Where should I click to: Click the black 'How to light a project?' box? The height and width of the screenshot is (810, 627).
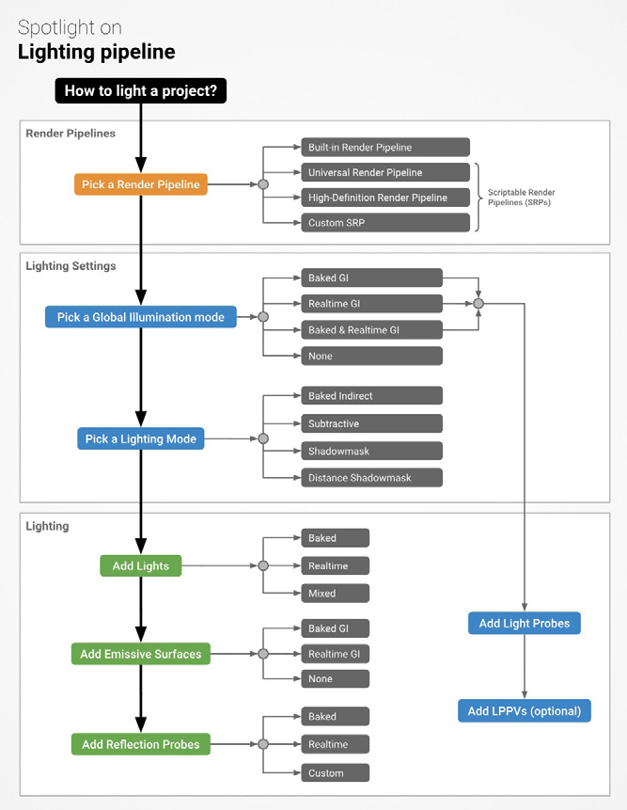pos(140,90)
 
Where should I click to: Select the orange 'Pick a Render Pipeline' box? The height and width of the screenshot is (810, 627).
pos(141,184)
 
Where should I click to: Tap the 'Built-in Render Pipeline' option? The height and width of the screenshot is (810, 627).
pos(385,147)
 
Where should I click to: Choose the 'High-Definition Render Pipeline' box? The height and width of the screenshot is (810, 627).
pos(385,198)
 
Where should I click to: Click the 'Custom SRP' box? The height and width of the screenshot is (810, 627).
pos(385,223)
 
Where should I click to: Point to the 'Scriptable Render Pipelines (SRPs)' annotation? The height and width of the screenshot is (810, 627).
pos(521,198)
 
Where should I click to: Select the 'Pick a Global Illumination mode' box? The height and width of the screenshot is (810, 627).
pos(141,317)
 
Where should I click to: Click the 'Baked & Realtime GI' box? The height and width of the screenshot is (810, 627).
pos(372,329)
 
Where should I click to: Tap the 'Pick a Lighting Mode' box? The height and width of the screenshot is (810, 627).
pos(141,438)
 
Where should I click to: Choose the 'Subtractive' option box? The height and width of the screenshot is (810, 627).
pos(372,423)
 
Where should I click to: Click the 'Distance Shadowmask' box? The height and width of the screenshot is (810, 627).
pos(372,478)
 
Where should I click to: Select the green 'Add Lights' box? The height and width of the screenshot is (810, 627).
pos(141,565)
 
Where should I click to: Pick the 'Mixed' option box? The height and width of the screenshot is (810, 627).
pos(336,593)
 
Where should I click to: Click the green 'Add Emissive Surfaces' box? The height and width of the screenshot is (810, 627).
pos(141,654)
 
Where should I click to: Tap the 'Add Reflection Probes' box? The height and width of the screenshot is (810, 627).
pos(141,744)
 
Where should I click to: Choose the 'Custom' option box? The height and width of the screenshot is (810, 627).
pos(336,772)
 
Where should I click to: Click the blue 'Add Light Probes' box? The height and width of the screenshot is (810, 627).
pos(525,623)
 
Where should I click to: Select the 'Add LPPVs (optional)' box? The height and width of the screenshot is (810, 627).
pos(525,711)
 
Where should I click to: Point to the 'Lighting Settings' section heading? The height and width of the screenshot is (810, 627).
pos(71,266)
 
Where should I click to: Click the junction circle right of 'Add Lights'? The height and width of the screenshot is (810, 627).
pos(263,565)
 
